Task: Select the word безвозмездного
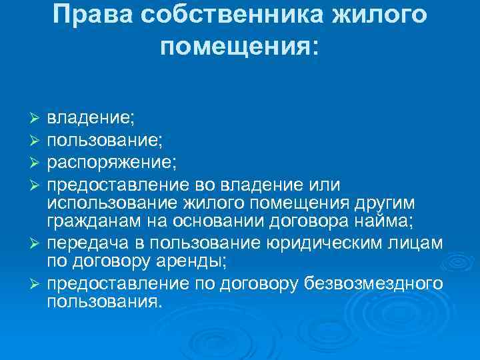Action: tap(373, 285)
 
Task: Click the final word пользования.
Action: tap(103, 303)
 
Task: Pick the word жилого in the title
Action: tap(383, 15)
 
